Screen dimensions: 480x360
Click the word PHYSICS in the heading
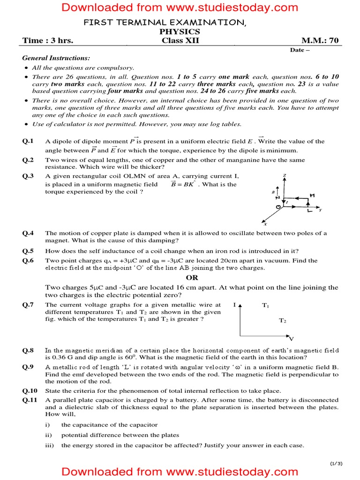click(180, 32)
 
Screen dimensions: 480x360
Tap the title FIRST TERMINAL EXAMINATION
click(164, 23)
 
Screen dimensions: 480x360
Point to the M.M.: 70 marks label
click(320, 41)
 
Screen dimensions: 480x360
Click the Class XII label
click(180, 41)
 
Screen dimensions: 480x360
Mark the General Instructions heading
click(56, 58)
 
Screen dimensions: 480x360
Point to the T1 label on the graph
click(265, 306)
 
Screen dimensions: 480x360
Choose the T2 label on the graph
click(283, 321)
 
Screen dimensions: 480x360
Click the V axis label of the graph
click(291, 338)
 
